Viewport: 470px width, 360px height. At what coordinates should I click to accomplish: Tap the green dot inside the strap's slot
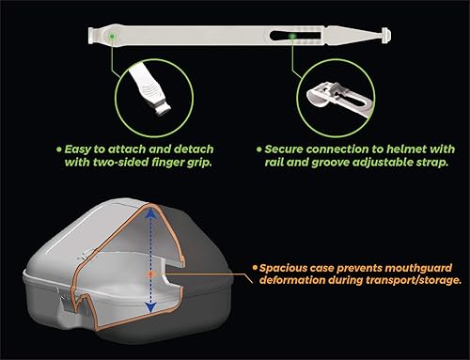click(294, 39)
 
